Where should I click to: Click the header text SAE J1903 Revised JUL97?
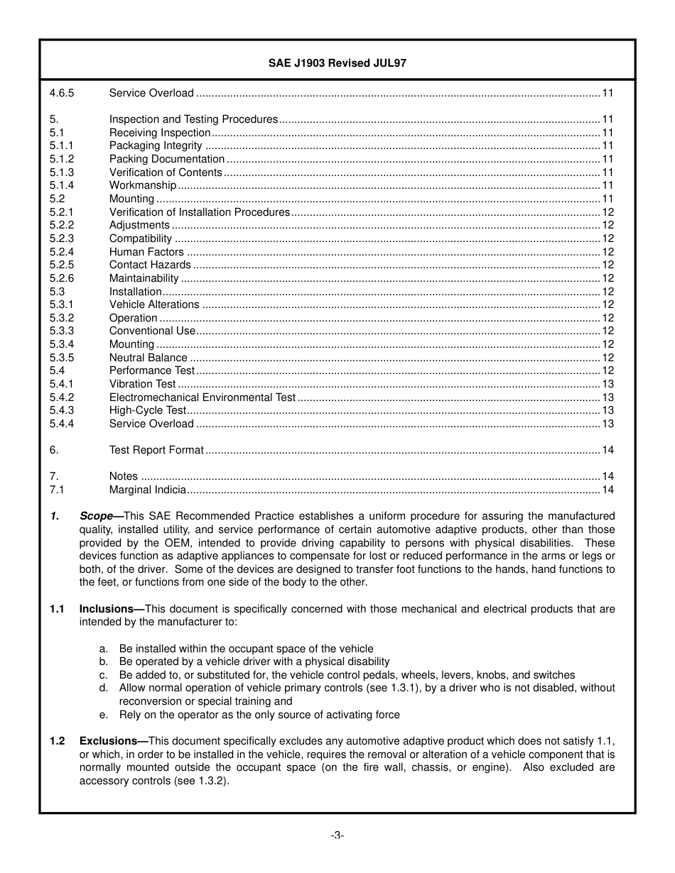tap(337, 63)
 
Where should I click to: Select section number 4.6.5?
tap(62, 93)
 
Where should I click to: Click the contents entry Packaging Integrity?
tap(156, 145)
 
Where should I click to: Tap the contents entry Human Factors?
tap(146, 252)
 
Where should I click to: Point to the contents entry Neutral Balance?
tap(148, 358)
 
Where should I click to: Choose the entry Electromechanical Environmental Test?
tap(202, 397)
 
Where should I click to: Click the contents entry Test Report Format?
tap(156, 450)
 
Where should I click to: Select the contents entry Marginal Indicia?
tap(147, 490)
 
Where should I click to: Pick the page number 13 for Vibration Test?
tap(607, 384)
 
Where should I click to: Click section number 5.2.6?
tap(62, 278)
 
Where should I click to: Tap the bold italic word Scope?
tap(96, 516)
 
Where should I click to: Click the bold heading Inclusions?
tap(106, 609)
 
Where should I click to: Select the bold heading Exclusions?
tap(107, 741)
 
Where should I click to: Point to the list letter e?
tap(104, 715)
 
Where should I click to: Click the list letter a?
tap(104, 649)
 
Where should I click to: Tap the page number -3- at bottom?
tap(337, 835)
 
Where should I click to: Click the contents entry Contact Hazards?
tap(150, 265)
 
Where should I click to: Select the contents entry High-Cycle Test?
tap(147, 410)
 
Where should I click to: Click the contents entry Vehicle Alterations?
tap(154, 304)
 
